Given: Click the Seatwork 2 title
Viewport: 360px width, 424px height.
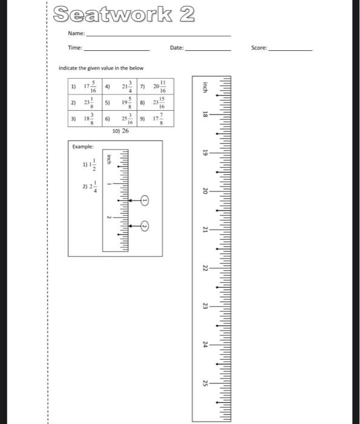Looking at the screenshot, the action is pos(124,14).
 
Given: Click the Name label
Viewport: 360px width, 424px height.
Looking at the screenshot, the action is pos(76,34).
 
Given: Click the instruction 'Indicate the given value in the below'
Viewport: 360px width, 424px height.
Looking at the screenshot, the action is pos(101,68).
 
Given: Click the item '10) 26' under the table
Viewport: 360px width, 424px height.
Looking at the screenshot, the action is pos(121,130).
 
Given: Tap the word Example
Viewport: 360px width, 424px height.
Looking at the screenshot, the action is pos(82,147).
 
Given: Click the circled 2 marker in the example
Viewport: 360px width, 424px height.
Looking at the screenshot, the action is pos(145,226).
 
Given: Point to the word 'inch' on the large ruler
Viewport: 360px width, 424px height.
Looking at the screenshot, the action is pos(205,86).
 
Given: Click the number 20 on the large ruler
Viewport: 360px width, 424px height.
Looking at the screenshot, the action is pos(205,191).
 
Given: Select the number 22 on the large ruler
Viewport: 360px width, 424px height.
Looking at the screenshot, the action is pos(205,268).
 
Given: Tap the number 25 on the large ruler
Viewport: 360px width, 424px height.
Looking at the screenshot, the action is pos(205,383).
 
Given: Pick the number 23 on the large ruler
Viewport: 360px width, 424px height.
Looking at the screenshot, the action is pos(205,306).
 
